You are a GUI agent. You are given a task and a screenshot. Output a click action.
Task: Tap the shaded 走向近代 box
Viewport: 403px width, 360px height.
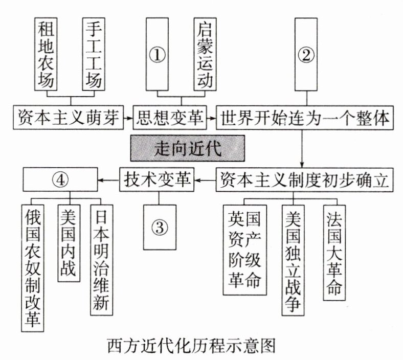click(x=186, y=149)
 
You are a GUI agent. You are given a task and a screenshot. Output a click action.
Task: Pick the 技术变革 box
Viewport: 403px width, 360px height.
click(x=157, y=179)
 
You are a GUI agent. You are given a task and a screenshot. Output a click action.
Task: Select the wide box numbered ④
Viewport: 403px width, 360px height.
click(x=61, y=179)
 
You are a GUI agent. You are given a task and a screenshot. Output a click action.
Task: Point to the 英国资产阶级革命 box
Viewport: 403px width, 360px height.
click(x=245, y=249)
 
